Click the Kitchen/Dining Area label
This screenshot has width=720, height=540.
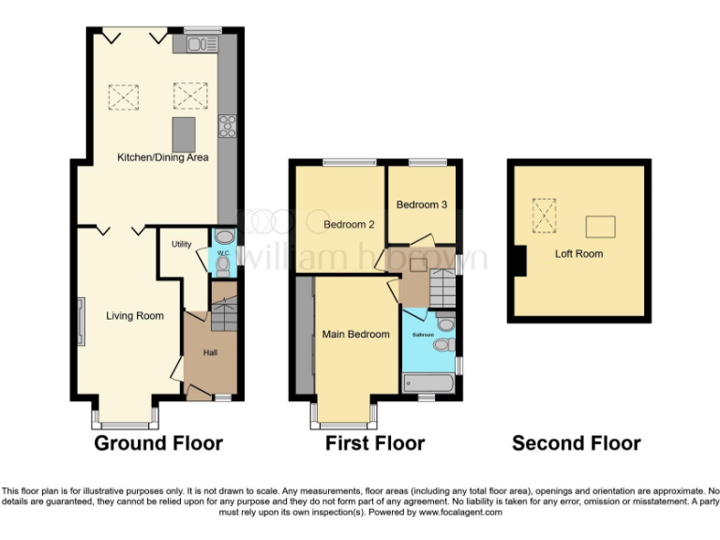coord(162,157)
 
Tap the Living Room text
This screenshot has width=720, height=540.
coord(136,316)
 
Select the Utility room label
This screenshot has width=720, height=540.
coord(181,245)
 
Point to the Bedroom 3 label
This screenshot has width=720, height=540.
coord(422,204)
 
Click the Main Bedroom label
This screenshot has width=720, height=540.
coord(355,334)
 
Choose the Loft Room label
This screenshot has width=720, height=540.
coord(578,254)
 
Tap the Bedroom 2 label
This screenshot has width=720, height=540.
coord(349,225)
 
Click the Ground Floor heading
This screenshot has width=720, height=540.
coord(158,443)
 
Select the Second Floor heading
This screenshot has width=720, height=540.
coord(577,443)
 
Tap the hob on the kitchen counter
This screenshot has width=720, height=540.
coord(227,126)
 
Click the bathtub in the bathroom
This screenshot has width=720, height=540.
coord(428,383)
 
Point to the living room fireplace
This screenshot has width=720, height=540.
coord(82,321)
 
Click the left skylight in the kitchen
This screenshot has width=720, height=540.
coord(124,97)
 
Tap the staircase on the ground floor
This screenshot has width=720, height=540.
coord(224,313)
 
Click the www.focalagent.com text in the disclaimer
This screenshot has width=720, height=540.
coord(460,513)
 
